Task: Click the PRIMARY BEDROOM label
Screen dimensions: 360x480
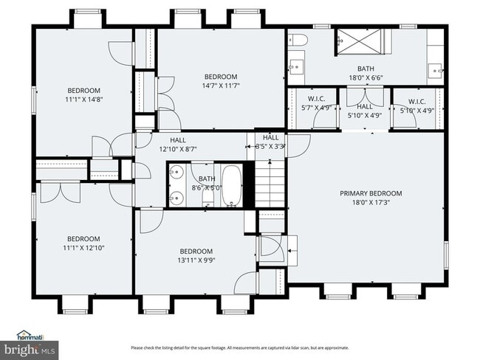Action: click(x=366, y=193)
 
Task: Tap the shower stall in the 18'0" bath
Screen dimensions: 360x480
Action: click(x=357, y=42)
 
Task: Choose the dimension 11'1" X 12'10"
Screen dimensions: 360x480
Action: click(x=83, y=248)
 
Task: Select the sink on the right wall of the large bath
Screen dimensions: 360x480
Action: click(x=436, y=72)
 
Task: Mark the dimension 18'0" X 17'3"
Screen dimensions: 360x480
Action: click(x=366, y=202)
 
